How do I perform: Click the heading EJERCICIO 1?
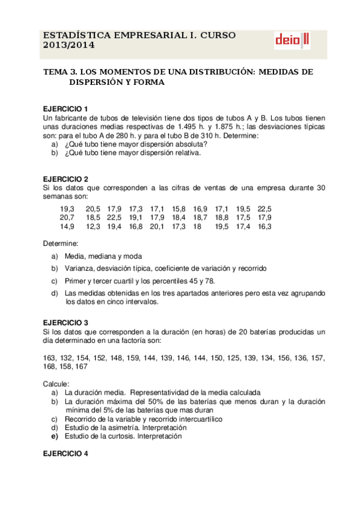pos(66,108)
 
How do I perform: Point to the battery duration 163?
pos(50,358)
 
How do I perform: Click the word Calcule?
pos(56,384)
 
